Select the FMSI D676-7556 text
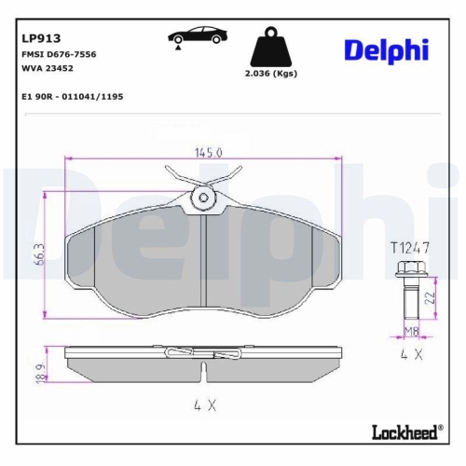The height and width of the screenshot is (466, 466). [x=57, y=56]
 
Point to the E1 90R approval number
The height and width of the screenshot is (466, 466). [x=72, y=96]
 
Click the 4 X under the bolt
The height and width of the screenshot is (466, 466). [x=410, y=355]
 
